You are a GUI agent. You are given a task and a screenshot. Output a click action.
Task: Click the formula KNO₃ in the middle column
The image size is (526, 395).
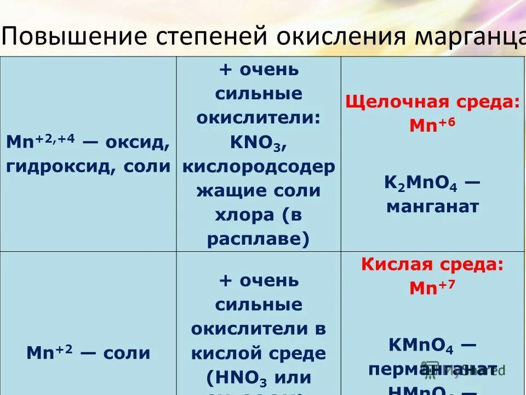tap(256, 144)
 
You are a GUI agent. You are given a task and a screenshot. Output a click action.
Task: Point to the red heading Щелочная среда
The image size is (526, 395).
tap(432, 102)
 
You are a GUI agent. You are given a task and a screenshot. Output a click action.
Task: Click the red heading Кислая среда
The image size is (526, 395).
tap(432, 265)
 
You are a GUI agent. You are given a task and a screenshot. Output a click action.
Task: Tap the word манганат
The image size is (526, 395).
tap(432, 207)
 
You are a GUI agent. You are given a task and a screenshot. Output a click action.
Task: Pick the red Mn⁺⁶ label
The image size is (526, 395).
tap(432, 126)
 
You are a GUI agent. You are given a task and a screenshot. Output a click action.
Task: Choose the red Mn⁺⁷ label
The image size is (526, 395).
tap(432, 288)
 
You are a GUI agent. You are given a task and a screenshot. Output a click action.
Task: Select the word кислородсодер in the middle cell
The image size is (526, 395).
tap(259, 167)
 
